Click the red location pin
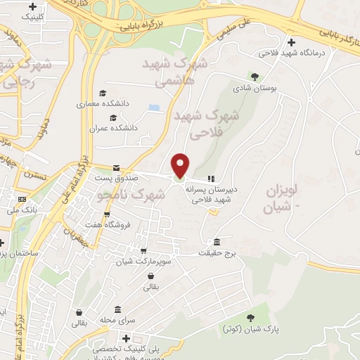181,165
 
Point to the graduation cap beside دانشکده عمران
112,117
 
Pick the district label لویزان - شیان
281,199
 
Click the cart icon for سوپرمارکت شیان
143,250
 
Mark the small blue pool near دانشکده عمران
154,108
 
